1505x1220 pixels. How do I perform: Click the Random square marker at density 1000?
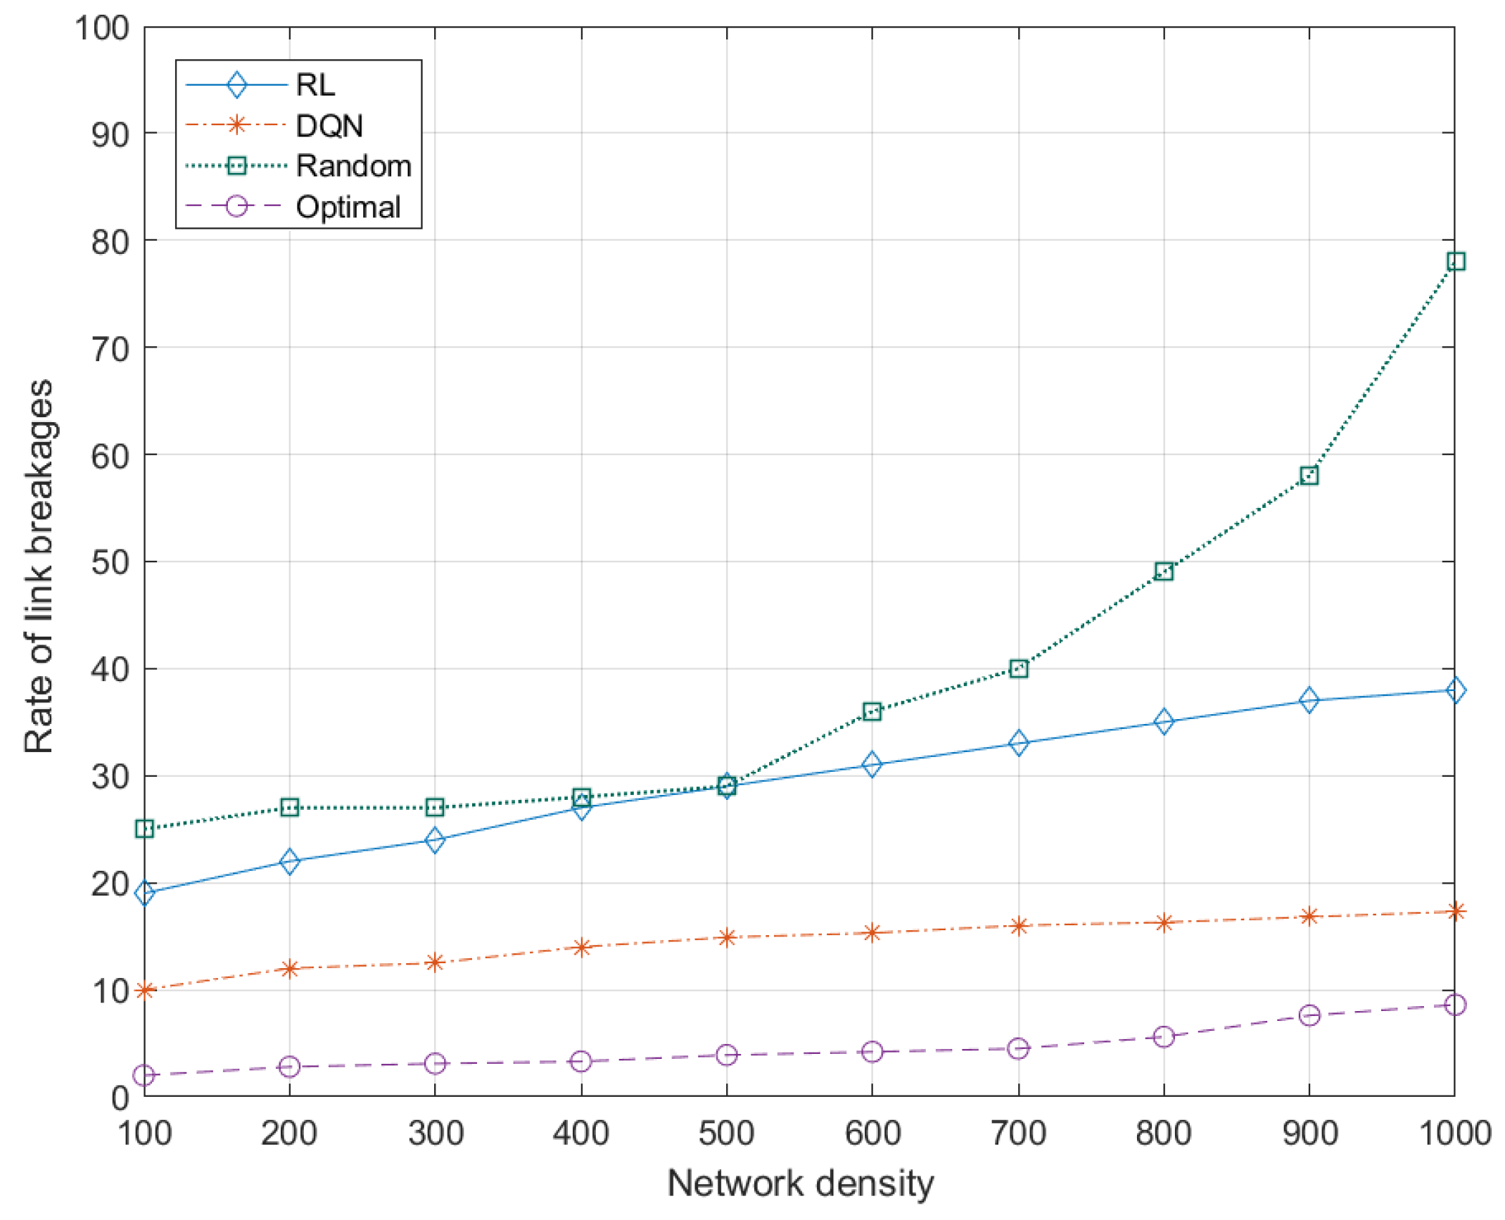tap(1455, 261)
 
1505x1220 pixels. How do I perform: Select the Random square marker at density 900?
tap(1309, 476)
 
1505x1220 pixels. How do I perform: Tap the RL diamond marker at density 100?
tap(144, 894)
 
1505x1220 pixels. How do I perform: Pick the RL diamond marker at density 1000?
tap(1455, 690)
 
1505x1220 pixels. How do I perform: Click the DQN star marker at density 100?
tap(144, 991)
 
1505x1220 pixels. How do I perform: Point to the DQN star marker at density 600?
tap(872, 933)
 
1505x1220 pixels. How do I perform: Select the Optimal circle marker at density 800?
tap(1164, 1037)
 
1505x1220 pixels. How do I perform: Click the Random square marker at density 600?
tap(872, 711)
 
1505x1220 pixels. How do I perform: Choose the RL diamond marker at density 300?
tap(435, 840)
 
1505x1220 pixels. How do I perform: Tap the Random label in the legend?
tap(353, 166)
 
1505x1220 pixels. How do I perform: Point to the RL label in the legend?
tap(315, 85)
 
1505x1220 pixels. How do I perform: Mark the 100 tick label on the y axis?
tap(102, 29)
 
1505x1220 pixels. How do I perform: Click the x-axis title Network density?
tap(800, 1183)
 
